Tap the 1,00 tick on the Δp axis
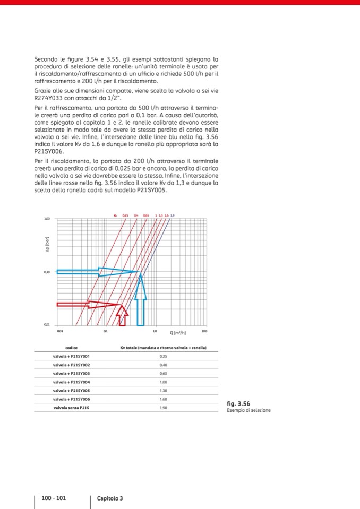pyautogui.click(x=47, y=219)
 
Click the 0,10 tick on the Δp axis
pyautogui.click(x=47, y=272)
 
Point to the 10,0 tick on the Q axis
pyautogui.click(x=204, y=331)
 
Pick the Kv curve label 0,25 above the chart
pyautogui.click(x=125, y=215)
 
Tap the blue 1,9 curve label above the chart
pyautogui.click(x=173, y=215)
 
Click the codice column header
pyautogui.click(x=71, y=348)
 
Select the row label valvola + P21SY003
pyautogui.click(x=71, y=373)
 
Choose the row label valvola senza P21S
pyautogui.click(x=71, y=407)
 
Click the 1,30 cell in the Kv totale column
pyautogui.click(x=163, y=390)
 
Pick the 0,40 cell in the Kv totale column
pyautogui.click(x=163, y=365)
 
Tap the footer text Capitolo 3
pyautogui.click(x=110, y=498)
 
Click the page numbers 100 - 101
pyautogui.click(x=54, y=498)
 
